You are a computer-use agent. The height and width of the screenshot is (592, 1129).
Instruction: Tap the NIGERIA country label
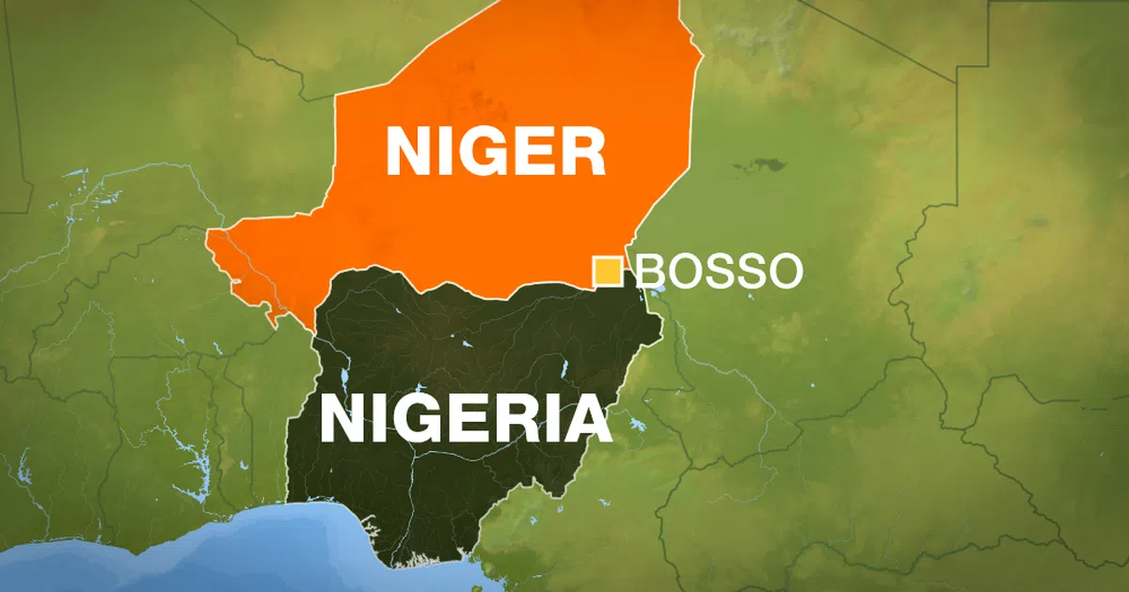coord(466,418)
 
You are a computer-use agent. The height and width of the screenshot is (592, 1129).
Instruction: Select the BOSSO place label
coord(720,272)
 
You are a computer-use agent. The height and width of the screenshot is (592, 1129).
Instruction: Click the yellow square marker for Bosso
coord(607,271)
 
